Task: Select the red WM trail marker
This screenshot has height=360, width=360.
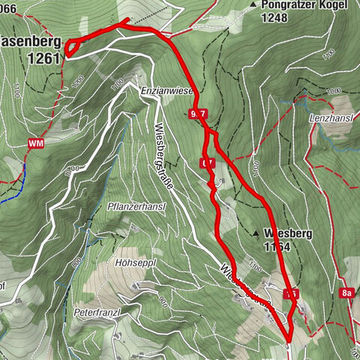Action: [36, 142]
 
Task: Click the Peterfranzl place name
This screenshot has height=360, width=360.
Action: [97, 310]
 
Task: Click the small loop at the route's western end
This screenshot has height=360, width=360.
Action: [71, 49]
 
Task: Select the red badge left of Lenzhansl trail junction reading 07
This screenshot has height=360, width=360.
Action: [208, 163]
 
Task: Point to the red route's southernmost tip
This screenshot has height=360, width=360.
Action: [289, 338]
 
